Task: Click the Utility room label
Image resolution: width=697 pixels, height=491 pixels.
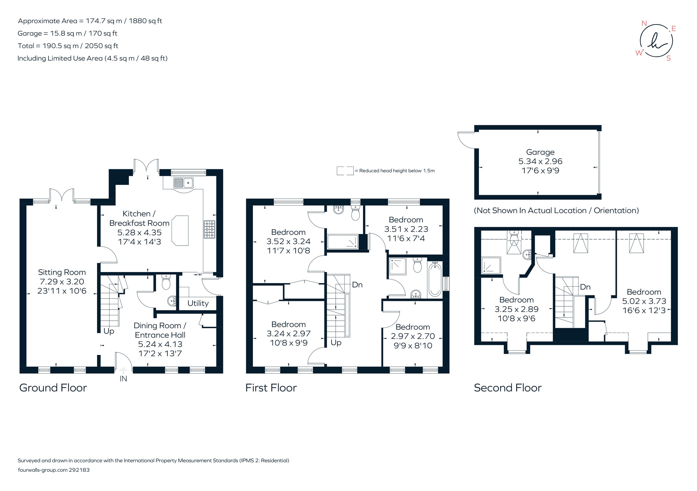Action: click(x=198, y=303)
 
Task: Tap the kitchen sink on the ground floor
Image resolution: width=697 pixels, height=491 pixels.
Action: click(x=183, y=183)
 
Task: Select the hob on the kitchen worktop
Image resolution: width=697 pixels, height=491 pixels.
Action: click(x=209, y=229)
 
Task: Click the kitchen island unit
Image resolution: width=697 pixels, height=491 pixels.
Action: click(x=180, y=230)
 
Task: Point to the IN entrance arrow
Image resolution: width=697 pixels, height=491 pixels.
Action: click(x=123, y=370)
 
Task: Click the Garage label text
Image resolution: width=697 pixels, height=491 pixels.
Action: click(x=540, y=152)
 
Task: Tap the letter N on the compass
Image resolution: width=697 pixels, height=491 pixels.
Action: click(x=644, y=23)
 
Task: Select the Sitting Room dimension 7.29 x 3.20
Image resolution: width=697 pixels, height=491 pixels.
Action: click(x=62, y=282)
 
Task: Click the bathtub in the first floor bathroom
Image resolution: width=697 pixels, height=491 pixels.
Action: click(x=435, y=280)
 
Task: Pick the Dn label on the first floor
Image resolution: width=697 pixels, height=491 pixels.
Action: click(x=357, y=285)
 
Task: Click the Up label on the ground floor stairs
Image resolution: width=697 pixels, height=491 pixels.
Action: click(x=109, y=331)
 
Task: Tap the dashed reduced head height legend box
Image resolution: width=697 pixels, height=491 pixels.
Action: click(x=345, y=171)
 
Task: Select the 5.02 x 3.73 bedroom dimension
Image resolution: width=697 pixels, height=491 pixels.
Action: click(x=644, y=301)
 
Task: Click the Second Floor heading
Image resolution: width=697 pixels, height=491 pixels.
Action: click(x=508, y=388)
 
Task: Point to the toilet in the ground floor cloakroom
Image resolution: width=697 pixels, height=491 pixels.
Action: click(x=166, y=282)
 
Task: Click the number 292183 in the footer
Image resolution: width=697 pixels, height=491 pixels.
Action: click(x=79, y=470)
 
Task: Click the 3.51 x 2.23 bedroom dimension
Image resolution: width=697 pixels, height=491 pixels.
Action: click(x=406, y=229)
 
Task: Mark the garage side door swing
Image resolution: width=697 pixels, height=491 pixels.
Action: click(x=467, y=140)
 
